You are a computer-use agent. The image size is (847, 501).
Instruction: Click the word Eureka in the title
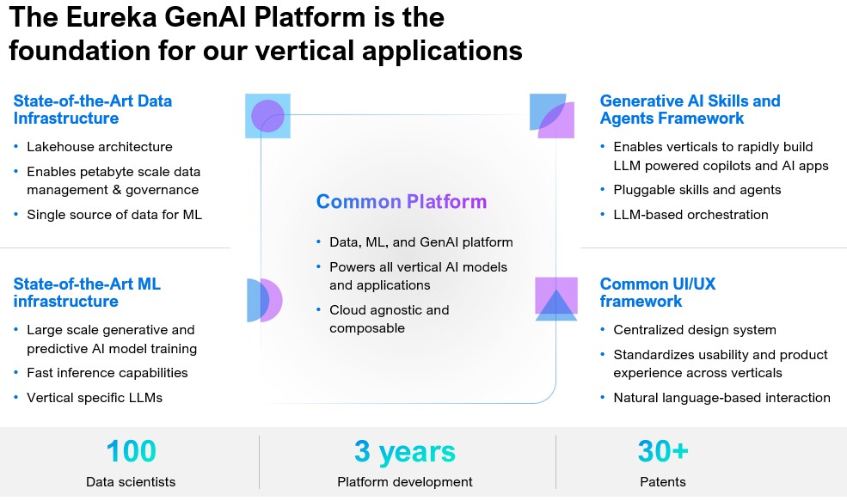[x=111, y=17]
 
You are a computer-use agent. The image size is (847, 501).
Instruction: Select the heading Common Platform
[x=402, y=201]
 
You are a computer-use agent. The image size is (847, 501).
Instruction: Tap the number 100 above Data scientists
[x=132, y=451]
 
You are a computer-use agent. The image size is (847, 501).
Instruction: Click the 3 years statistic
[x=405, y=452]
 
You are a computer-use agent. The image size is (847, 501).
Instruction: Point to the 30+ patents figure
[x=663, y=451]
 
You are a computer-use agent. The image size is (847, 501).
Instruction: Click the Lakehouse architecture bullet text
[x=100, y=147]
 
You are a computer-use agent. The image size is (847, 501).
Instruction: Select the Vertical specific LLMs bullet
[x=95, y=398]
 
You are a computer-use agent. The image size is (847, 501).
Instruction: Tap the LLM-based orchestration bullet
[x=690, y=215]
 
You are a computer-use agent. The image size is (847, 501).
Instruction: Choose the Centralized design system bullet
[x=695, y=330]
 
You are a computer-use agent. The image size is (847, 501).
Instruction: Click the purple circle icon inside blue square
[x=267, y=115]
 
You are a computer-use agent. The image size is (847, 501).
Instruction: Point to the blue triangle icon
[x=556, y=306]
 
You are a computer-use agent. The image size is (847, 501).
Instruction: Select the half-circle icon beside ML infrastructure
[x=265, y=300]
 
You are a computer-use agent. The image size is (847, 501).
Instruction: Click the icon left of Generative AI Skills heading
[x=551, y=115]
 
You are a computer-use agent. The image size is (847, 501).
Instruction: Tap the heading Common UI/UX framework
[x=658, y=293]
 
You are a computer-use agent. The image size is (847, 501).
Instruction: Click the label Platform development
[x=405, y=482]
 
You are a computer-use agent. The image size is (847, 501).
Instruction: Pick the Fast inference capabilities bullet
[x=107, y=373]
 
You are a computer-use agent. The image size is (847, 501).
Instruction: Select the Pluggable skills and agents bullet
[x=697, y=190]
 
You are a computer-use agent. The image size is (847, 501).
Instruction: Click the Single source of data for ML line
[x=114, y=215]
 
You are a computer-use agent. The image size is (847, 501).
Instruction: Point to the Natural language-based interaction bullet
[x=721, y=398]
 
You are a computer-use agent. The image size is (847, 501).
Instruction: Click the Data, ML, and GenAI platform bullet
[x=420, y=242]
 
